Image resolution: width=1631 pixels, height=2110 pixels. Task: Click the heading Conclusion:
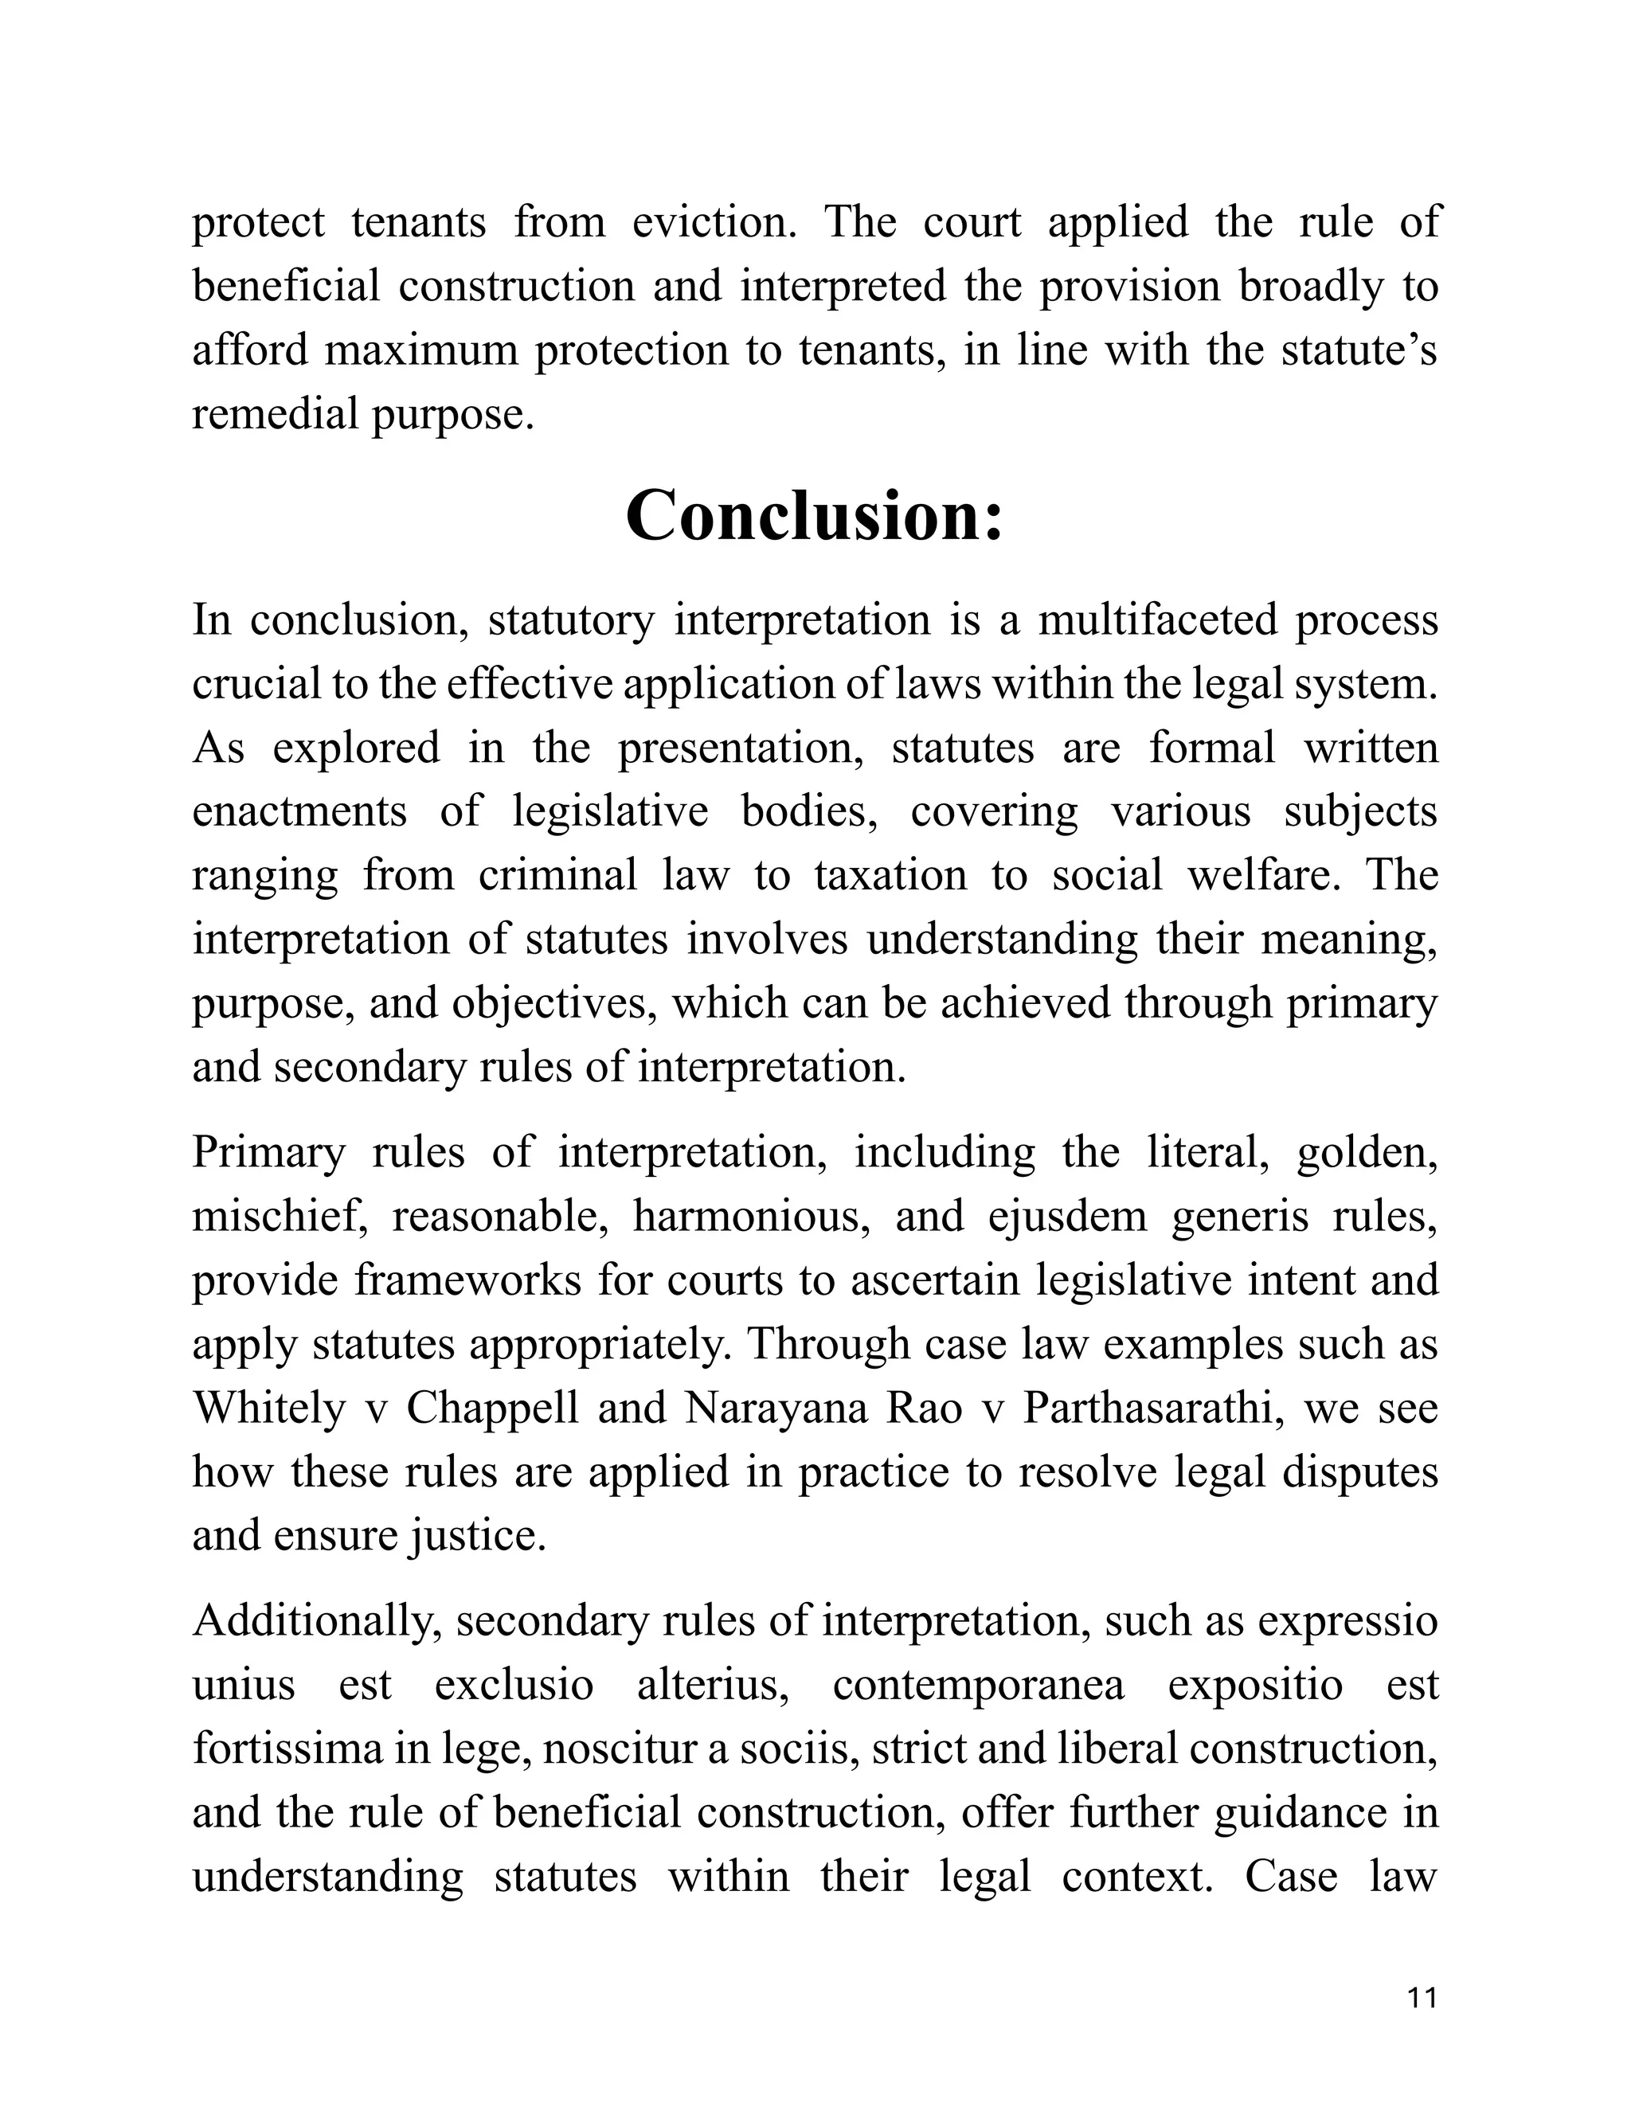click(815, 517)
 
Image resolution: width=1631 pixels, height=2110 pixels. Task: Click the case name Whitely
click(268, 1409)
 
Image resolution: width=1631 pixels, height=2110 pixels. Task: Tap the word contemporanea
click(978, 1685)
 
